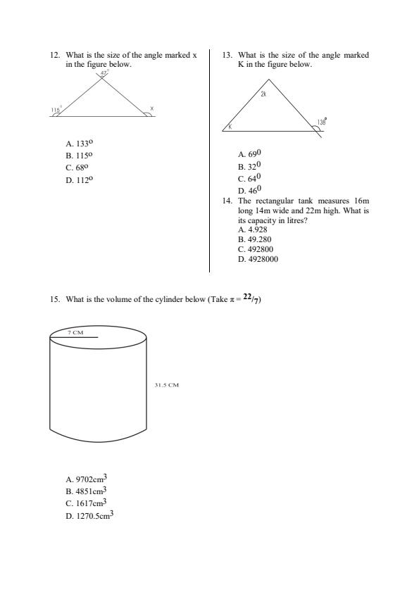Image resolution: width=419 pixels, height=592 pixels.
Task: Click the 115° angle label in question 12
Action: click(x=56, y=110)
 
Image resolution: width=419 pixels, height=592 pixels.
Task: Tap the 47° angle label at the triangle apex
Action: click(x=104, y=73)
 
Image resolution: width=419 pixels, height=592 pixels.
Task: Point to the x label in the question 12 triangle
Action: click(x=151, y=109)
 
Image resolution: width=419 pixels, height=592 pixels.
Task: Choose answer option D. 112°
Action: click(x=79, y=180)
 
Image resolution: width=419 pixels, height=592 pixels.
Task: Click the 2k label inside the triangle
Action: click(x=263, y=94)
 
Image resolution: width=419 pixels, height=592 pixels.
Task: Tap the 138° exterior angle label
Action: click(x=321, y=122)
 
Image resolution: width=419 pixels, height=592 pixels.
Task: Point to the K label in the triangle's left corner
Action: click(x=230, y=126)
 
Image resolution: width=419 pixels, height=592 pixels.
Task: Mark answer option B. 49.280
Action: click(x=254, y=239)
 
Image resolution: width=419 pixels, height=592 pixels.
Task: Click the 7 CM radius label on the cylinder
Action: click(x=75, y=331)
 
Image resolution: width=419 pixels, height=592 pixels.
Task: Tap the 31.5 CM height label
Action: click(x=167, y=385)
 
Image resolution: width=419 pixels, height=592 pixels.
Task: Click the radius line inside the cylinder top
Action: click(x=73, y=338)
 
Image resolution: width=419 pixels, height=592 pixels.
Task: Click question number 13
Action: click(x=226, y=55)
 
